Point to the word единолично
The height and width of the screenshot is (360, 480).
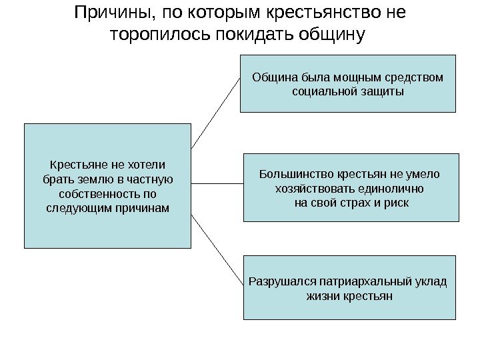391,188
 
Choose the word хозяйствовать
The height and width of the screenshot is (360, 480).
311,188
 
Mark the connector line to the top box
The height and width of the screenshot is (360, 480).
215,113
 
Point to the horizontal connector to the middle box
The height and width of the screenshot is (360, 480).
217,182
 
